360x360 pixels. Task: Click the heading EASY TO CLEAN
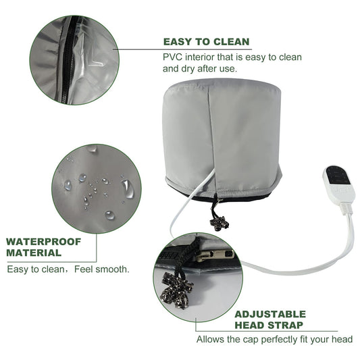[206, 42]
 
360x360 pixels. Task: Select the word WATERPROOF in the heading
[44, 242]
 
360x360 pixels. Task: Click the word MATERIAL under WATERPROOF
[34, 253]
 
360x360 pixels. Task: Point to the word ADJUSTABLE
[270, 314]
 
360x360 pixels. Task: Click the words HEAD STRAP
[269, 325]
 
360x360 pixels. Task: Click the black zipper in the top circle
[68, 59]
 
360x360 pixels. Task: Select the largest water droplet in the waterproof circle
[127, 188]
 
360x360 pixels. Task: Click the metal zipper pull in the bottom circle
[214, 255]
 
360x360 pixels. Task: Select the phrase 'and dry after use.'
[199, 68]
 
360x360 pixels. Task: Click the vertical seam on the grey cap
[213, 138]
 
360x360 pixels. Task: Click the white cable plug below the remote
[347, 207]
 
